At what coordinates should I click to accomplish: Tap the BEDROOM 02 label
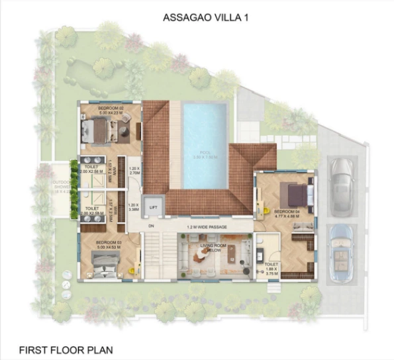[x=111, y=107]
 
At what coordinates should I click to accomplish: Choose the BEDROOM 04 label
[x=286, y=211]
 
